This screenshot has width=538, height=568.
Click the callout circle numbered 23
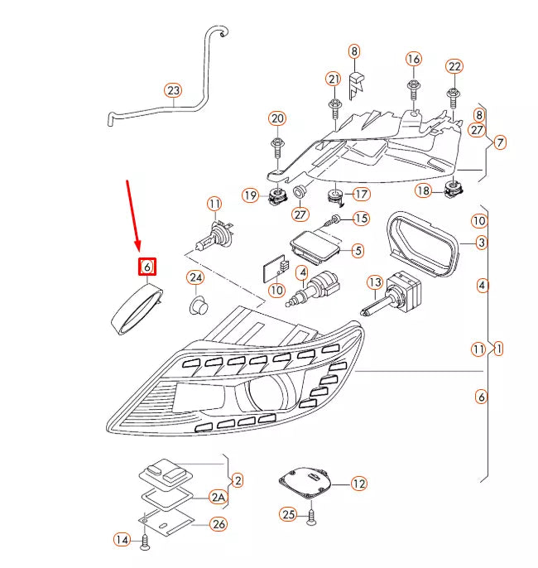click(172, 90)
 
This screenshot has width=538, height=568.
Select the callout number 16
click(413, 59)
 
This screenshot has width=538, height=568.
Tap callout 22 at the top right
click(454, 66)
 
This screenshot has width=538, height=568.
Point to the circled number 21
click(334, 79)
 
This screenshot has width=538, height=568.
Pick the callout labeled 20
click(277, 118)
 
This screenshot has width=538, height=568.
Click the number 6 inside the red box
click(147, 267)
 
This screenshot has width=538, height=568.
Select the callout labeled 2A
click(217, 498)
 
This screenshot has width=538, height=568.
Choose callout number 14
click(122, 540)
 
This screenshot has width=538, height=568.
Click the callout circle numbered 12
click(358, 484)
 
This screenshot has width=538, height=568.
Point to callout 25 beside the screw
click(287, 515)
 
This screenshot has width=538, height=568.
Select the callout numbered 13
click(374, 282)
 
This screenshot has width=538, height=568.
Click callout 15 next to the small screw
click(360, 219)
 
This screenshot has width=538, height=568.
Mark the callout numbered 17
click(362, 195)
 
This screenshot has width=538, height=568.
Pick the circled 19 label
click(251, 195)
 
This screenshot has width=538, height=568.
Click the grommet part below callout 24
click(198, 307)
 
